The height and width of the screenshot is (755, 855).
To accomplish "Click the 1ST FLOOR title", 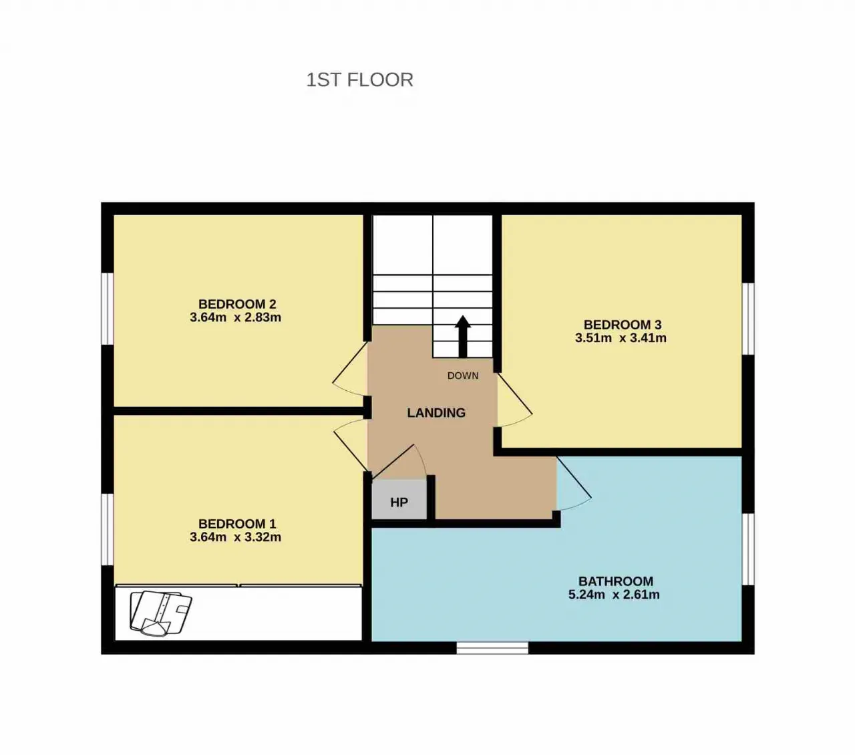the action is [359, 80].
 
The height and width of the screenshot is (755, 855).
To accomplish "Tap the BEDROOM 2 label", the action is [237, 304].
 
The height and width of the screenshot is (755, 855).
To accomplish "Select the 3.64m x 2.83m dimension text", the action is [236, 317].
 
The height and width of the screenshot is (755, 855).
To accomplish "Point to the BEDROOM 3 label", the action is [623, 325].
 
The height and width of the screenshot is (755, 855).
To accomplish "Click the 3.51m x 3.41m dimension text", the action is [621, 338].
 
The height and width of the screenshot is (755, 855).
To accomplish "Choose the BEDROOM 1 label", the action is [237, 524].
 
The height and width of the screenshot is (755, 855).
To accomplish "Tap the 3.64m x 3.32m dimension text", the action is [236, 538].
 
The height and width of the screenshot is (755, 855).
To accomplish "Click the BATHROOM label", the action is [616, 581].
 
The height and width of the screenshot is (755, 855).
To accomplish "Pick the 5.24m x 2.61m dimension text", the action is [614, 595].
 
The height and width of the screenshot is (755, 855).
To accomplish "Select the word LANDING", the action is [436, 413].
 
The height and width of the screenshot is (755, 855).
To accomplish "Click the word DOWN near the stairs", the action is [463, 375].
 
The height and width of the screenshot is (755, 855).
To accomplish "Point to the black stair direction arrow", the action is [463, 337].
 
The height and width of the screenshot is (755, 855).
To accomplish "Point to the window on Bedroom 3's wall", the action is [748, 319].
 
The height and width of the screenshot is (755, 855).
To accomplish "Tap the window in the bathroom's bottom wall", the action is [492, 647].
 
